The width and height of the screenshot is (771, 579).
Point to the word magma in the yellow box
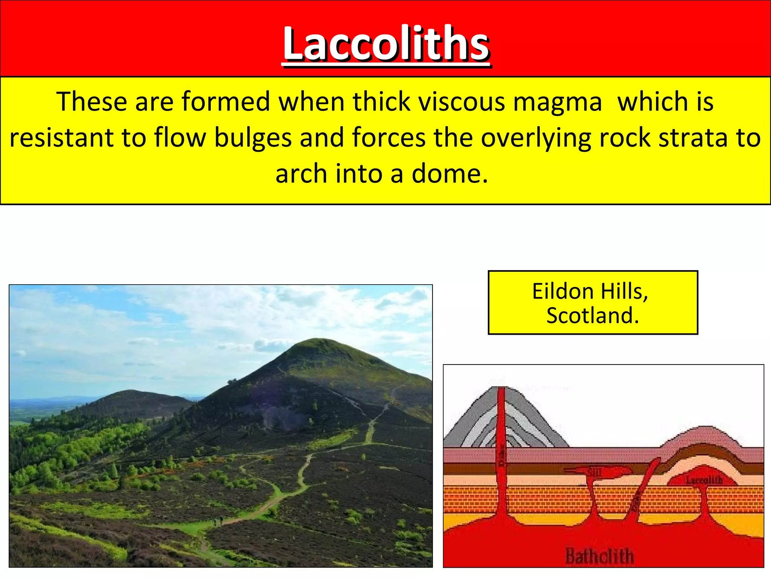(558, 103)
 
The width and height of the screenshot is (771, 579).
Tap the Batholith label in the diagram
(600, 556)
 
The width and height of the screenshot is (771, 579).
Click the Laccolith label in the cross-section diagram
(704, 480)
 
